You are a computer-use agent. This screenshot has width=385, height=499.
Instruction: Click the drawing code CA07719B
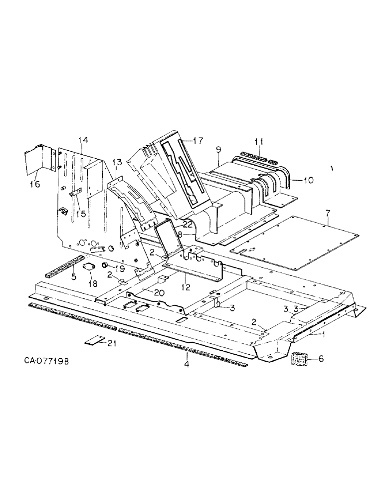tap(45, 360)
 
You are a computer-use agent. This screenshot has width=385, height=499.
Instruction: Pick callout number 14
tap(82, 141)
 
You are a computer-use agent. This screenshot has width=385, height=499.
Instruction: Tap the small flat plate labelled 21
tap(94, 341)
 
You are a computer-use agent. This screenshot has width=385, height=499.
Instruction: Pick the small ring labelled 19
tap(105, 265)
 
